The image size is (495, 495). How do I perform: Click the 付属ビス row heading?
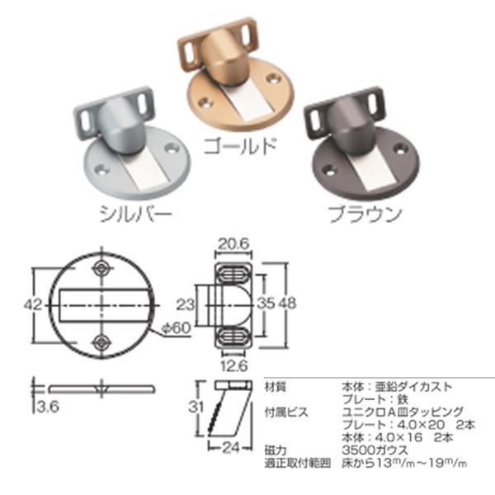click(x=283, y=409)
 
